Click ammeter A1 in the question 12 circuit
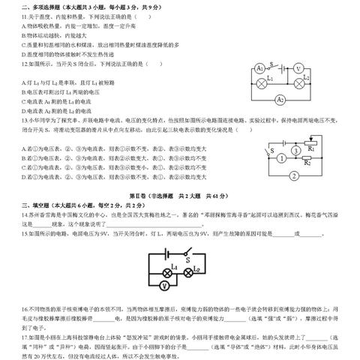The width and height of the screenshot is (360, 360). tap(261, 68)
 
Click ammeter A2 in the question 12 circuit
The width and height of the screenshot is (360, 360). tap(280, 99)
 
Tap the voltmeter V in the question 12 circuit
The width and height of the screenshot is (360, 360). tap(298, 68)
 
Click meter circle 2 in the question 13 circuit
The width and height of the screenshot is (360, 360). tap(295, 176)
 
